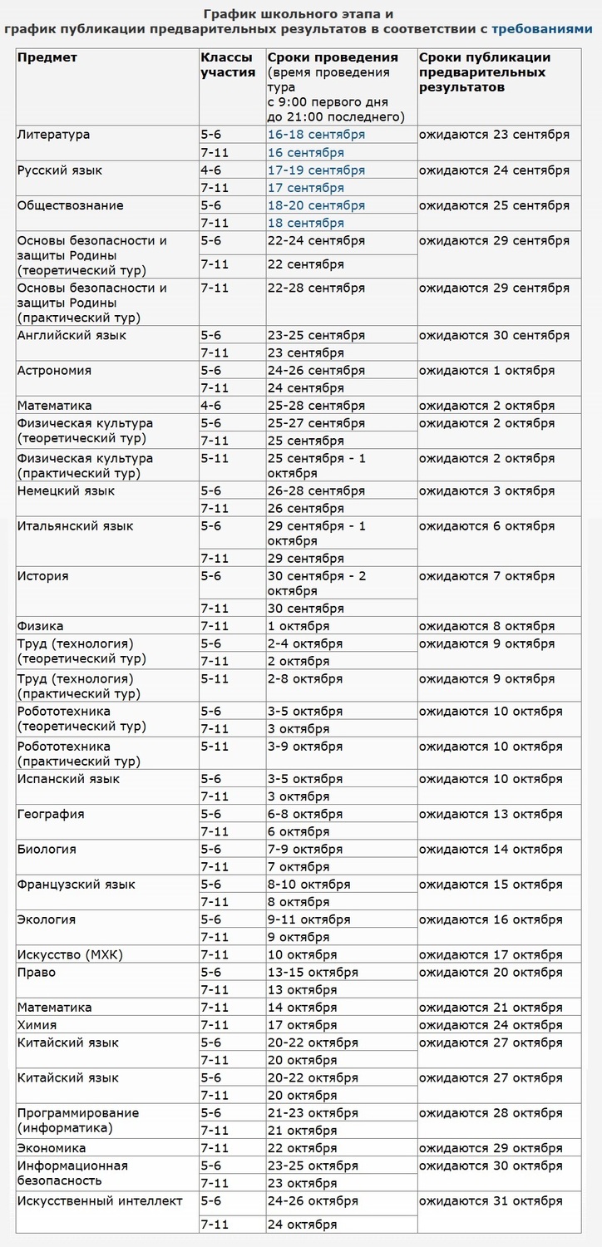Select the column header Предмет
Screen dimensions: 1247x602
click(x=47, y=57)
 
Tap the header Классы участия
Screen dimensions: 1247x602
click(x=228, y=65)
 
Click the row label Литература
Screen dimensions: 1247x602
click(x=54, y=135)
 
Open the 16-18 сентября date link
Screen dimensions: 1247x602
click(x=316, y=135)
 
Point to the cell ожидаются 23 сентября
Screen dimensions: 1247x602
click(x=494, y=135)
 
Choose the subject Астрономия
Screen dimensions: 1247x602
click(x=55, y=371)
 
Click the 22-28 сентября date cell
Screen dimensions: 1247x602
click(x=316, y=288)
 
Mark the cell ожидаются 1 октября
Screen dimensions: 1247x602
click(x=486, y=371)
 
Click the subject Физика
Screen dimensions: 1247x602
click(x=41, y=626)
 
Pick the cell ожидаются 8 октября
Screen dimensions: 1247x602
click(x=486, y=626)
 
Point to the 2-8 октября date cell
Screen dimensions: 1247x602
click(x=305, y=679)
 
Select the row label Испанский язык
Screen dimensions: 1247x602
click(x=69, y=780)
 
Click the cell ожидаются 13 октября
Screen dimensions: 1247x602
click(x=490, y=815)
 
